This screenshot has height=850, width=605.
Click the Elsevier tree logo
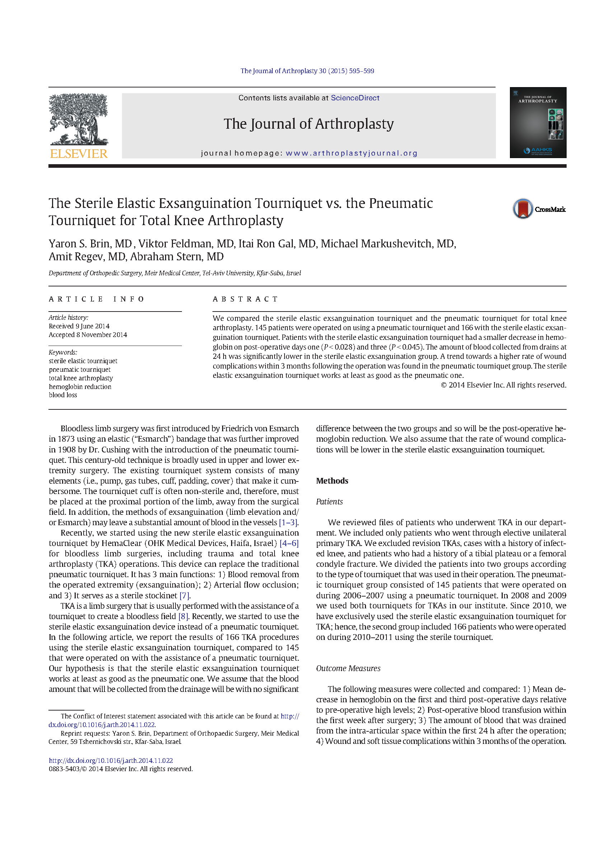(x=78, y=119)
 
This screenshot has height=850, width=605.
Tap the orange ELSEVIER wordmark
(x=79, y=154)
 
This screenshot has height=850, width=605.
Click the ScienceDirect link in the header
(x=355, y=98)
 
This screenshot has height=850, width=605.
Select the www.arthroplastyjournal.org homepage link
(x=351, y=153)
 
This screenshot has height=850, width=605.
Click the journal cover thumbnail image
(x=538, y=123)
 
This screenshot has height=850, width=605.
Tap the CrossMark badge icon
(x=523, y=209)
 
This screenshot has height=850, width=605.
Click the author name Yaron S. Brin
(x=90, y=244)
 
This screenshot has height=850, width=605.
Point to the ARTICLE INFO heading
(x=97, y=299)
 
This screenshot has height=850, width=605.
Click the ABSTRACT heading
(x=245, y=299)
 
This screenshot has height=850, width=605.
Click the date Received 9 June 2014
(x=79, y=326)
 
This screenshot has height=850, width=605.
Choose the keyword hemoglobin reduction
(x=80, y=387)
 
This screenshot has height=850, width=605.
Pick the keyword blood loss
(x=62, y=395)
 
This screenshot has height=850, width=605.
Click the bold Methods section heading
(x=332, y=481)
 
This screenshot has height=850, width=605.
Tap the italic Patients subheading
(x=329, y=502)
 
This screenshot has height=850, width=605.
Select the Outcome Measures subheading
(x=348, y=668)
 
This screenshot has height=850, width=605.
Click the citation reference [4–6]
(x=289, y=543)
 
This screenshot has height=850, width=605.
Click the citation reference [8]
(x=183, y=616)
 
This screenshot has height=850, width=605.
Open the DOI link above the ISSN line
(x=111, y=761)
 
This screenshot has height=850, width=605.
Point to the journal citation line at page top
(x=307, y=71)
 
